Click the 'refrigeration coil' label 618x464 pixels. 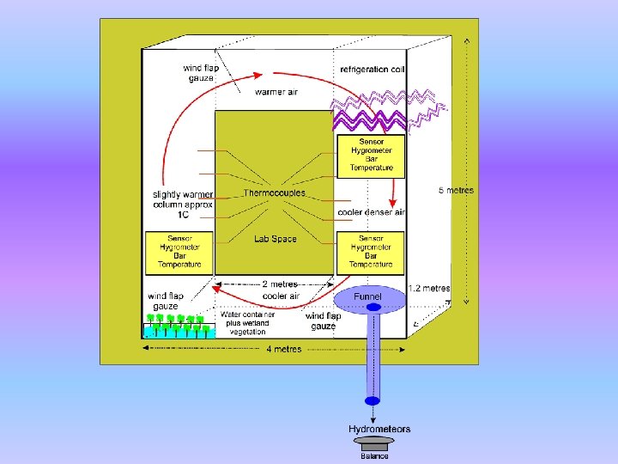point(372,69)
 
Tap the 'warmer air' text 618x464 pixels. point(276,92)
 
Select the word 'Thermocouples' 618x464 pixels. point(274,193)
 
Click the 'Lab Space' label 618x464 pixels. point(275,239)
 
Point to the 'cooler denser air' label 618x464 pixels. point(371,212)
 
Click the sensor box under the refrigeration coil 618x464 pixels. point(371,156)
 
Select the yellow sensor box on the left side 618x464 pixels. point(179,252)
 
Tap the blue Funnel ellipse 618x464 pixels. point(368,297)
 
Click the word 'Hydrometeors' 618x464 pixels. point(379,429)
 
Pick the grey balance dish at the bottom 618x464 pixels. point(373,441)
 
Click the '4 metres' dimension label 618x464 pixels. point(283,349)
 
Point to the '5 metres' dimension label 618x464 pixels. point(456,190)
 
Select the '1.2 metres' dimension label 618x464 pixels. point(428,289)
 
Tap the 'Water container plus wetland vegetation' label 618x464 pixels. point(247,323)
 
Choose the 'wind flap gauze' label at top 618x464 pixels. point(200,73)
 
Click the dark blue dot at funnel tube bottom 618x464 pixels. point(372,400)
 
